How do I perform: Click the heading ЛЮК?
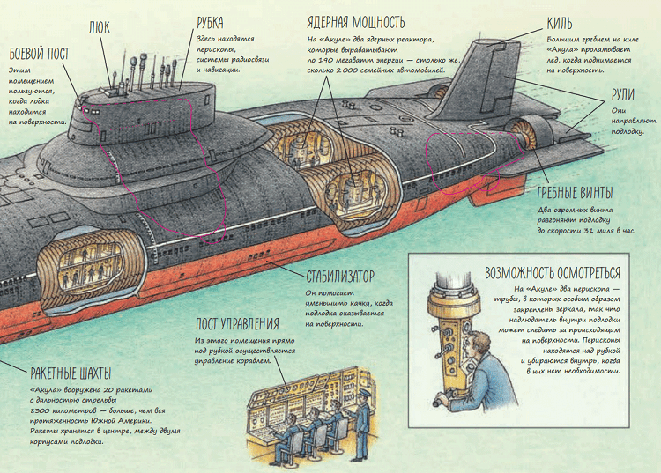coord(100,28)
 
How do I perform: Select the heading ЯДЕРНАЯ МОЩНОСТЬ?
coord(356,22)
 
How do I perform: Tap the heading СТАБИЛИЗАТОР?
coord(340,276)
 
